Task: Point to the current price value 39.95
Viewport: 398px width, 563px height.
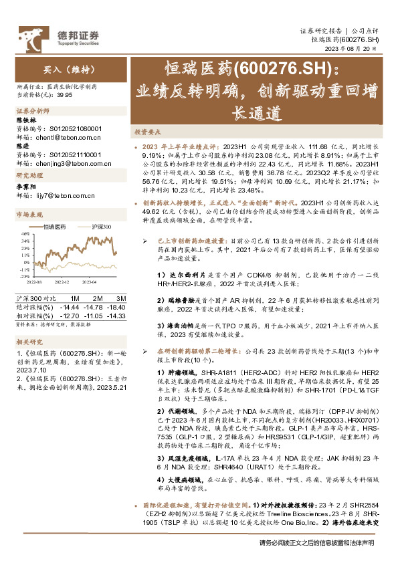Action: [64, 95]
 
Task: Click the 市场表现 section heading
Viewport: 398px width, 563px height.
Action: [29, 214]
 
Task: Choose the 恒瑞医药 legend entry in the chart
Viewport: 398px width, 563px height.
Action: [58, 227]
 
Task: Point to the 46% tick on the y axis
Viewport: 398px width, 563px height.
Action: [23, 234]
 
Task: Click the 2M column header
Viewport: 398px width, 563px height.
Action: [97, 298]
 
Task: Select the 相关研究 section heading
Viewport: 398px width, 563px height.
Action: [29, 343]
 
